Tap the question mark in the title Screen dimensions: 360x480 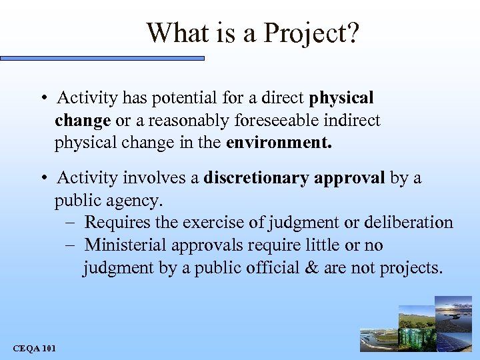(352, 33)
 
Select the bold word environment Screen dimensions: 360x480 (278, 143)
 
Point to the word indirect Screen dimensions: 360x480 (353, 121)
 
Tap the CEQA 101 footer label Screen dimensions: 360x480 (35, 348)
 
